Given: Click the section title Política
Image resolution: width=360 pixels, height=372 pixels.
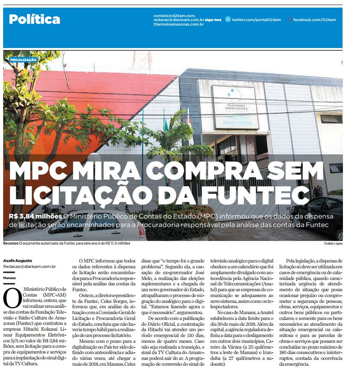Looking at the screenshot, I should [x=35, y=19].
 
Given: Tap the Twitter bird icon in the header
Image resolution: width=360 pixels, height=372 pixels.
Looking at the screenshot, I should [x=228, y=20].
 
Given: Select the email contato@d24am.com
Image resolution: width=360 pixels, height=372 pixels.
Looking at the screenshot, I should [x=174, y=16].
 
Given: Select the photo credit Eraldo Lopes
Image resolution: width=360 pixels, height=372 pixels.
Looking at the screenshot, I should [x=333, y=244].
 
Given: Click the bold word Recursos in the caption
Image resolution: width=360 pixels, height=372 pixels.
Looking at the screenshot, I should [x=10, y=243].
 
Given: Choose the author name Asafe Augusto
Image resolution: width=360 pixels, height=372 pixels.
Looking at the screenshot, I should [x=18, y=260].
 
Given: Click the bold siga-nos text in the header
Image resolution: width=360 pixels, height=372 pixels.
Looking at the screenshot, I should [x=214, y=20].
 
